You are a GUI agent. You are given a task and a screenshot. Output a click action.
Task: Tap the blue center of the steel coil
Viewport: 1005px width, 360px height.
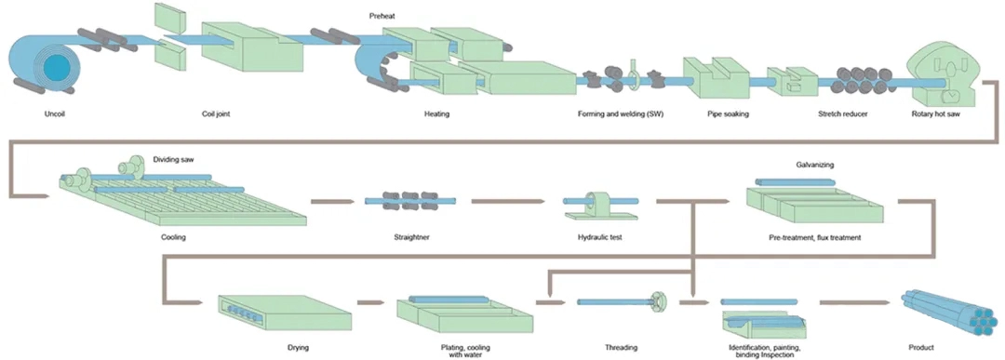(55, 66)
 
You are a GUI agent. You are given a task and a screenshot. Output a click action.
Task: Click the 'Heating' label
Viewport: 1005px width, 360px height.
(436, 115)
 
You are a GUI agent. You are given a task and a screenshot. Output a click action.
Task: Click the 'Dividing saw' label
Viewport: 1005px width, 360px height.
(173, 159)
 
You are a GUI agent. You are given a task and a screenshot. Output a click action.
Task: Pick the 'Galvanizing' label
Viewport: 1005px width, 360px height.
(815, 165)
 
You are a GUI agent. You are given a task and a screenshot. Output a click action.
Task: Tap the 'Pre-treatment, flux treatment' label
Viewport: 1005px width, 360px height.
(815, 237)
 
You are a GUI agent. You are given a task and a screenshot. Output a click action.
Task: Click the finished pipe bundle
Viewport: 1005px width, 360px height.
(949, 311)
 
